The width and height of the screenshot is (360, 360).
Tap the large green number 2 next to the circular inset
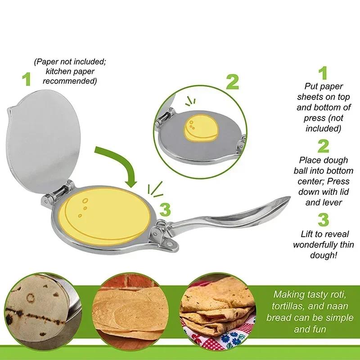point(232,82)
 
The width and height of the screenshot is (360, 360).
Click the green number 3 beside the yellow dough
point(166,210)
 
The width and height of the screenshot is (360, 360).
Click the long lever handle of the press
point(234,216)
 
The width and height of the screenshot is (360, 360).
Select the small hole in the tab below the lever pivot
point(169,243)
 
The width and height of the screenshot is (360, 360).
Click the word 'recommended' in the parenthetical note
point(70,81)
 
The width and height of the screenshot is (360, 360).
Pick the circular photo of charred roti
point(38,310)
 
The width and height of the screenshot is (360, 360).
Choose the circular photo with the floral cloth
point(216,310)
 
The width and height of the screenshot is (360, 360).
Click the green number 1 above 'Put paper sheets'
point(323,73)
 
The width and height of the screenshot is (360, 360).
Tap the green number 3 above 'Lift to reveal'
point(323,220)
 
